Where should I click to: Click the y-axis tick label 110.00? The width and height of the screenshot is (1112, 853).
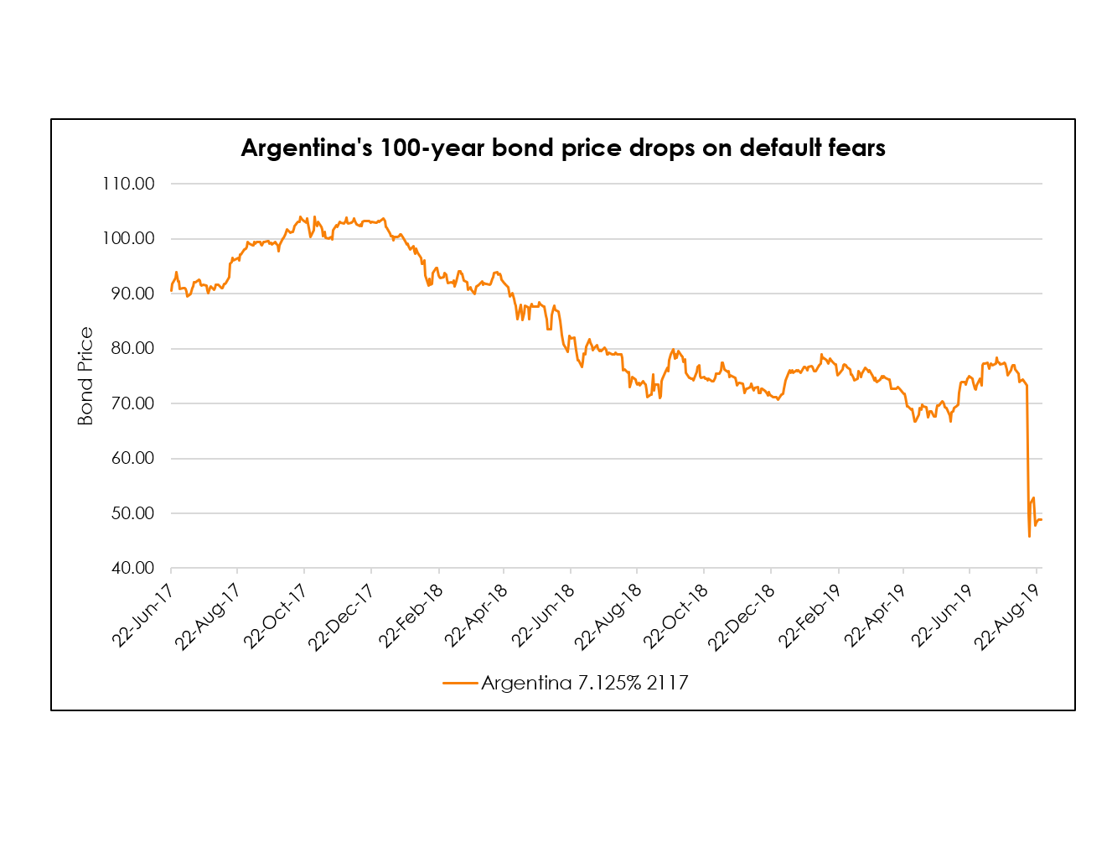point(128,184)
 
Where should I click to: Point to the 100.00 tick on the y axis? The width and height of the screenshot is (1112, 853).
point(128,239)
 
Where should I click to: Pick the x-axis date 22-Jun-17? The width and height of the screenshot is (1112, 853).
point(144,616)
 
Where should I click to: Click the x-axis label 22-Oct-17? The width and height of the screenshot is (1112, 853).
point(276,617)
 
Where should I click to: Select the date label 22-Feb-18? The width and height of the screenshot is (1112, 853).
point(411,617)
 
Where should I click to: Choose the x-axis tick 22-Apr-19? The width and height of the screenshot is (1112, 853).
point(876,617)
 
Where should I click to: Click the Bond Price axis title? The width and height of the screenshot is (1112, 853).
point(85,377)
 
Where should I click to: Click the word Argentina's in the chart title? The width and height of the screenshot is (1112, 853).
point(307,148)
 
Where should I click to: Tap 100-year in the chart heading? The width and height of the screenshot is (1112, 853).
point(432,148)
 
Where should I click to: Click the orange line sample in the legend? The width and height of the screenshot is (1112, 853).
point(460,684)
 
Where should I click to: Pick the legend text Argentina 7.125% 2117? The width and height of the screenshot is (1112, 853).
point(584,684)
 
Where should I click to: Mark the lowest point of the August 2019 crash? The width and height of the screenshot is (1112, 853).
point(1029,537)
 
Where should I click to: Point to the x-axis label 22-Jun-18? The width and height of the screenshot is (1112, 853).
point(543,617)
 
